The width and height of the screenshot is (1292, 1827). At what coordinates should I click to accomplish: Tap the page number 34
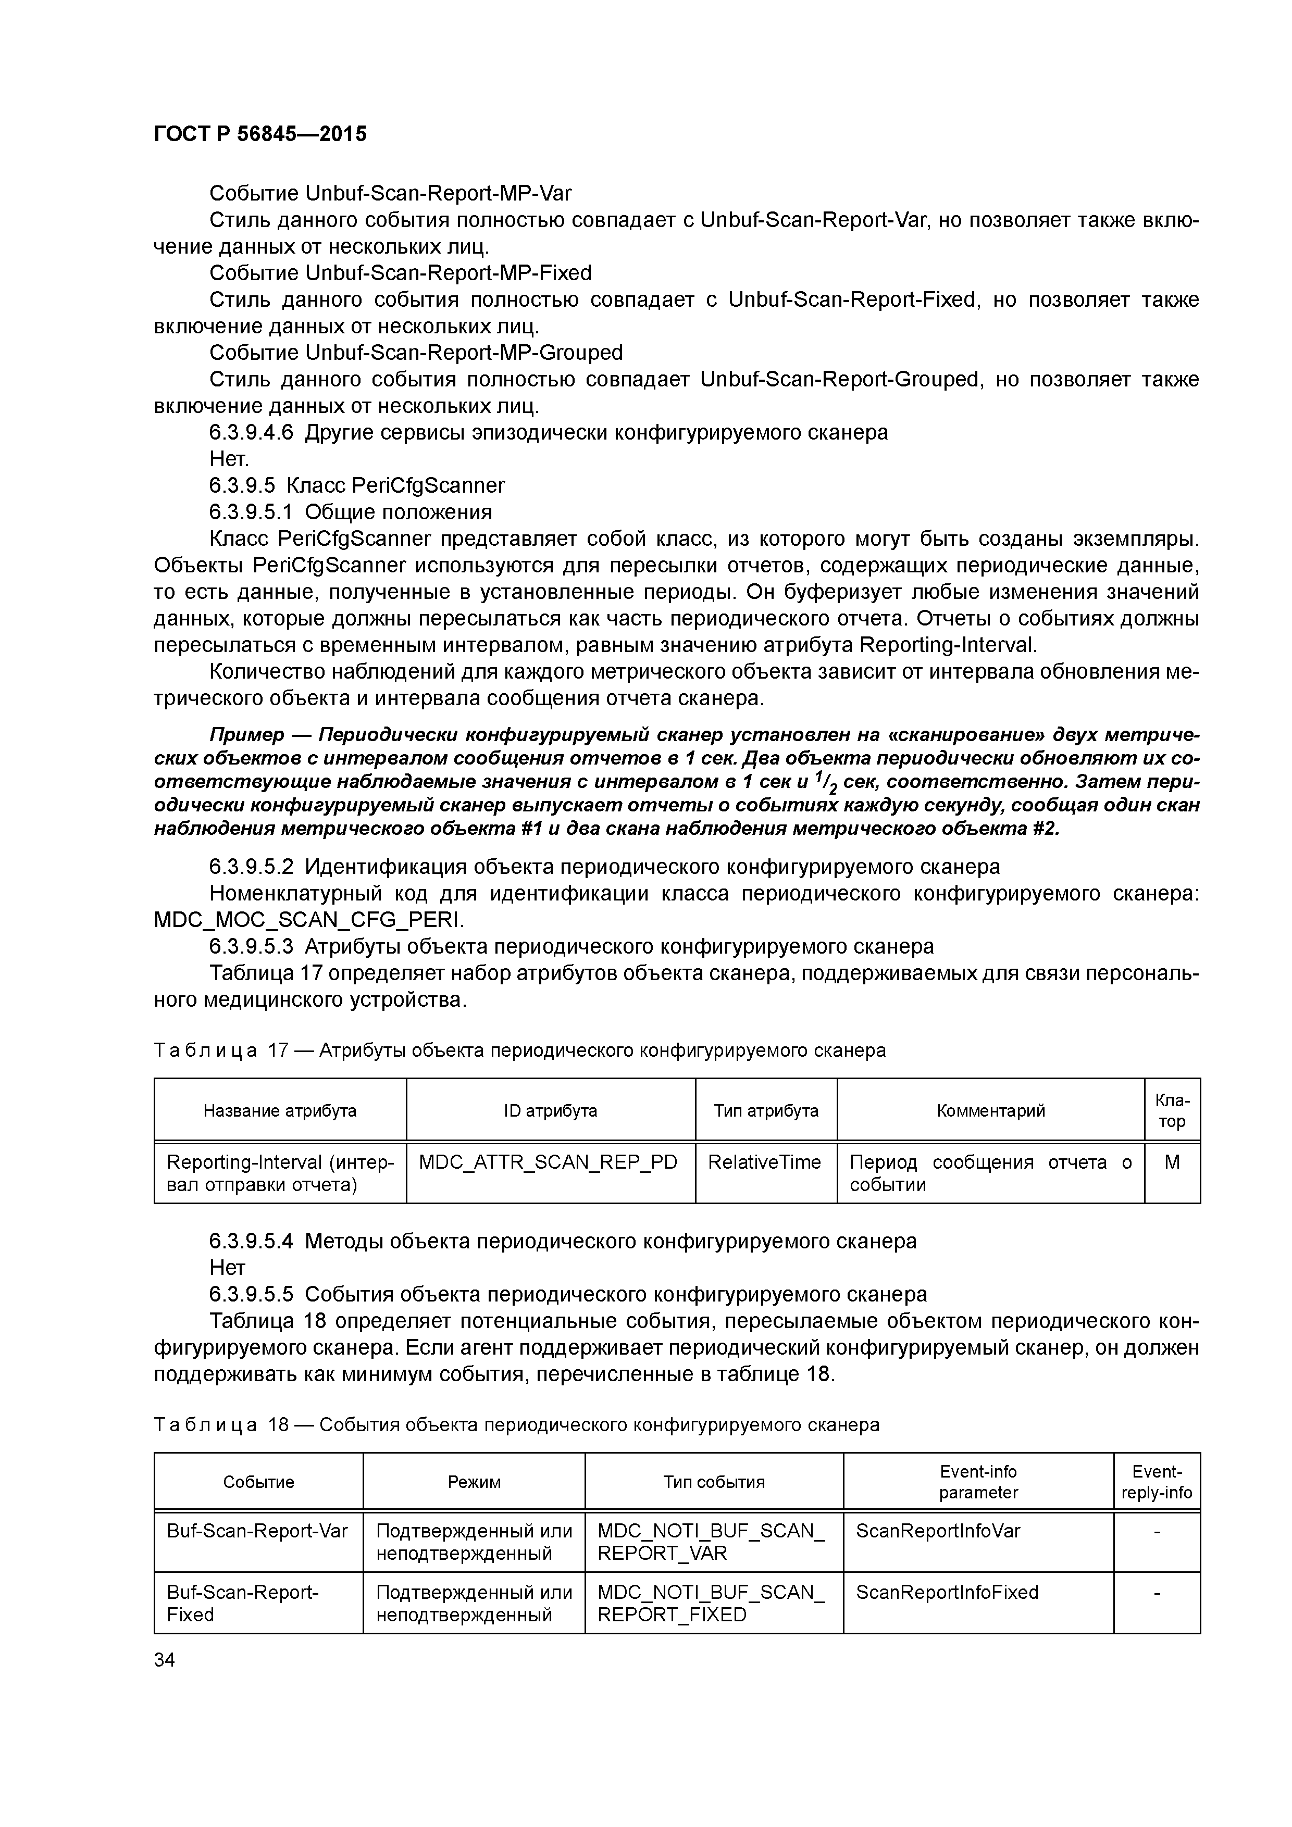(165, 1659)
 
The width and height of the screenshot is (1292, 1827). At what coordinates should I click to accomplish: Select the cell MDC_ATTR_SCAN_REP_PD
(548, 1162)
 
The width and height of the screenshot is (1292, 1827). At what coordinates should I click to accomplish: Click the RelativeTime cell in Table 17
(764, 1162)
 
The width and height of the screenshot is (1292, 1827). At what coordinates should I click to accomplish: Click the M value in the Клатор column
(1172, 1162)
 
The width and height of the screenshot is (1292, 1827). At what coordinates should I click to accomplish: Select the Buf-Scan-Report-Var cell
(257, 1531)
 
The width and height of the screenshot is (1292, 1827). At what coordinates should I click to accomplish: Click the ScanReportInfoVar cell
(938, 1531)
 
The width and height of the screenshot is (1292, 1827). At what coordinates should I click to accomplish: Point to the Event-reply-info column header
(1157, 1482)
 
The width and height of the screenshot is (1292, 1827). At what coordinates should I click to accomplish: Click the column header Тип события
(714, 1482)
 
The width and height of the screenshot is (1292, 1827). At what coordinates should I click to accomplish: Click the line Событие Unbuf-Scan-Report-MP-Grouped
(416, 353)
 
